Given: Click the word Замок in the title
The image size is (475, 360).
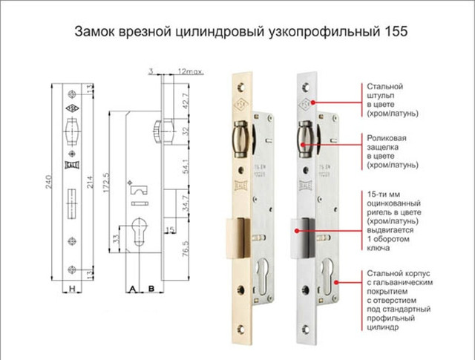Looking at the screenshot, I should click(95, 33).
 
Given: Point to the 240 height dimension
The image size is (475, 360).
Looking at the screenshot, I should click(49, 179).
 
